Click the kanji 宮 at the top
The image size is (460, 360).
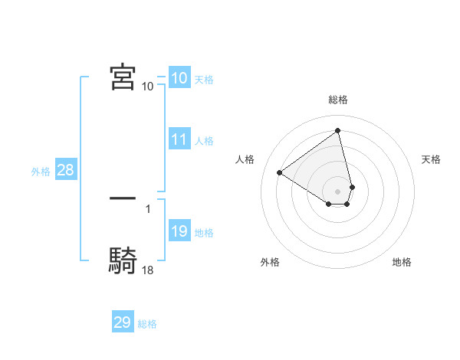123,78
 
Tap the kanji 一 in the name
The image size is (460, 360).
123,198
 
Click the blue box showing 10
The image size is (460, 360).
179,77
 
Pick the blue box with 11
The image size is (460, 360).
179,139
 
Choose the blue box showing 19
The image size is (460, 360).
179,231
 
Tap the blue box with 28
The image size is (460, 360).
65,170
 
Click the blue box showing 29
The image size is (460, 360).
123,322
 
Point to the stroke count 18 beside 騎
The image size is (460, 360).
148,270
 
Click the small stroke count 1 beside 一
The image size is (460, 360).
148,208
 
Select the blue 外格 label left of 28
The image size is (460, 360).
41,172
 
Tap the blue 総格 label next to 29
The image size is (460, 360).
147,324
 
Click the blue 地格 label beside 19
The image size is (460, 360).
204,233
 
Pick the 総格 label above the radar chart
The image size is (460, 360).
338,100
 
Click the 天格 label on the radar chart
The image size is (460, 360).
431,159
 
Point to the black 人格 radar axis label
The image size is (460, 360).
245,159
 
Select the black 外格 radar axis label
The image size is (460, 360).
270,262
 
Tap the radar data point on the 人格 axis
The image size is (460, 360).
280,172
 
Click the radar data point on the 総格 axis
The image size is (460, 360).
338,130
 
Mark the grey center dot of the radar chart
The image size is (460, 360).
338,191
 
